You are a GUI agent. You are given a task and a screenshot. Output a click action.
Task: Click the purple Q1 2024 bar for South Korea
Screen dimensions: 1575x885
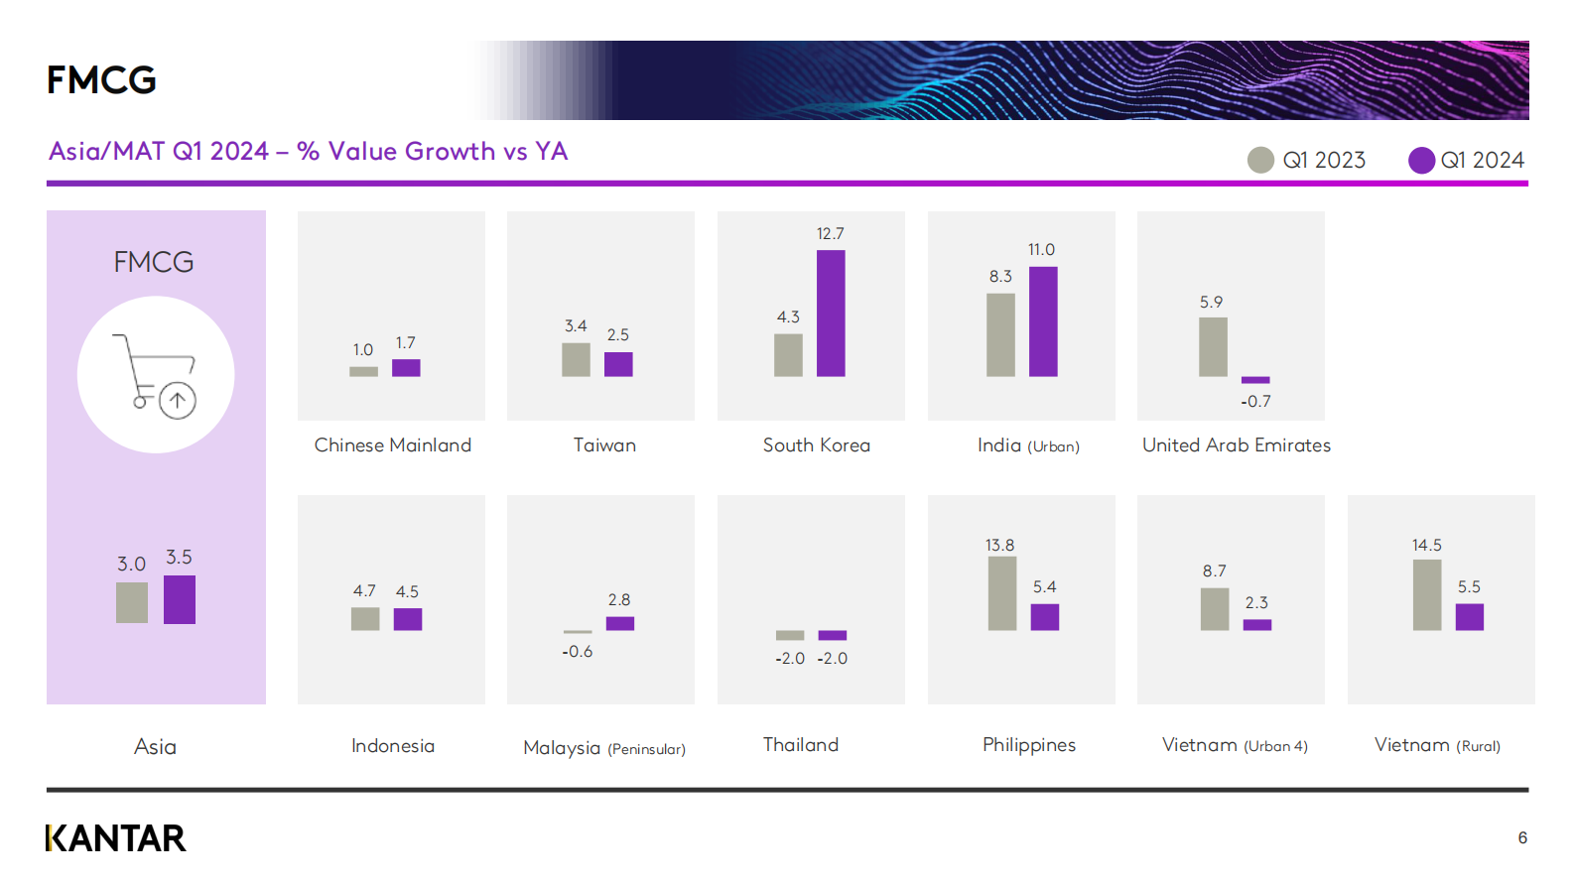click(831, 314)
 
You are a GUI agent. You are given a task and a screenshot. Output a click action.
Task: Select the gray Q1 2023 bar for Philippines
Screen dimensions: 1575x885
click(1002, 593)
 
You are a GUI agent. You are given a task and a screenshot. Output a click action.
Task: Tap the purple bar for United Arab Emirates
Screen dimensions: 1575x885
click(1255, 380)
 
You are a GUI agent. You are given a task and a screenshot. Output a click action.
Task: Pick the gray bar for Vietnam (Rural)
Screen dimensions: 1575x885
click(1427, 594)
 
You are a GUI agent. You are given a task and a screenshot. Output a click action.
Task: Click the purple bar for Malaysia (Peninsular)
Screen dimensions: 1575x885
click(619, 623)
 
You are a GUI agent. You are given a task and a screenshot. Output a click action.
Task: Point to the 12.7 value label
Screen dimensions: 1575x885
click(830, 233)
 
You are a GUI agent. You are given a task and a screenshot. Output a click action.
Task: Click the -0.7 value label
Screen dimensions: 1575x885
click(1255, 402)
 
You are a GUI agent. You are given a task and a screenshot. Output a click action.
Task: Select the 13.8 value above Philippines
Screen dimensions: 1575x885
click(999, 545)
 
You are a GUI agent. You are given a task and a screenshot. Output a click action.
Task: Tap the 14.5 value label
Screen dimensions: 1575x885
click(1426, 545)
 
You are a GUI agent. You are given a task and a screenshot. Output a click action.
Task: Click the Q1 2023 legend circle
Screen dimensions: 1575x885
click(1260, 161)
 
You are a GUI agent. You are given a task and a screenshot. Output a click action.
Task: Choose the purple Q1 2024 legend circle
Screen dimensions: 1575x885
click(1421, 161)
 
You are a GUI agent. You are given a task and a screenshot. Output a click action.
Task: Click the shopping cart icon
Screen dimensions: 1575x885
click(155, 376)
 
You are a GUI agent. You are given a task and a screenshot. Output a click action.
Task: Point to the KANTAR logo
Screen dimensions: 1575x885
click(116, 838)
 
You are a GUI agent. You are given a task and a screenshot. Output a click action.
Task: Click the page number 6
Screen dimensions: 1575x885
click(1522, 837)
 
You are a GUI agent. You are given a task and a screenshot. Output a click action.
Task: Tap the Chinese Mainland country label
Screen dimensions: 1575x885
click(392, 444)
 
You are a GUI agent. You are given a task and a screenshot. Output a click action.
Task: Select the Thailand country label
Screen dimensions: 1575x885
click(801, 744)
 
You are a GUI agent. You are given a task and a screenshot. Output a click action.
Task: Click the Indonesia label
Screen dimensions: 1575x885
click(392, 745)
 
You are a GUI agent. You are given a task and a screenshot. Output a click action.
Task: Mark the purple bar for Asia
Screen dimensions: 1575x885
click(180, 599)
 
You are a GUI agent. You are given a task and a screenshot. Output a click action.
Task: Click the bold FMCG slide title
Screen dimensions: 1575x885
click(101, 79)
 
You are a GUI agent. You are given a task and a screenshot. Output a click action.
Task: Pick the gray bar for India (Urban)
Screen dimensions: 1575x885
click(1000, 335)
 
